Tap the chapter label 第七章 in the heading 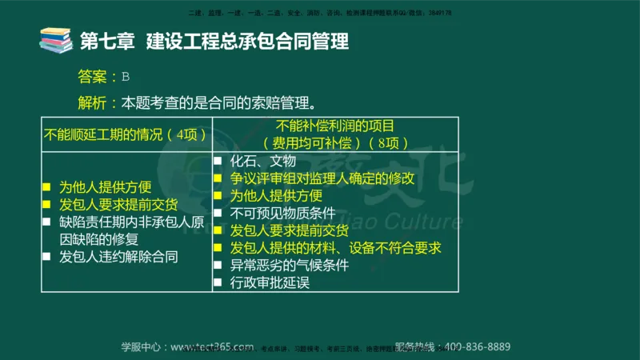coord(107,41)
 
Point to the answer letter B coord(125,77)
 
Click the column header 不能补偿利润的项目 coord(335,126)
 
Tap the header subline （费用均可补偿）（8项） coord(335,143)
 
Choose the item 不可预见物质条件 coord(282,214)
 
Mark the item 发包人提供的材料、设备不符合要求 coord(335,248)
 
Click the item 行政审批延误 coord(270,282)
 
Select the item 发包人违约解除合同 coord(118,257)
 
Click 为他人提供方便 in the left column coord(106,187)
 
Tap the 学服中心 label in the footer coord(142,346)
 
